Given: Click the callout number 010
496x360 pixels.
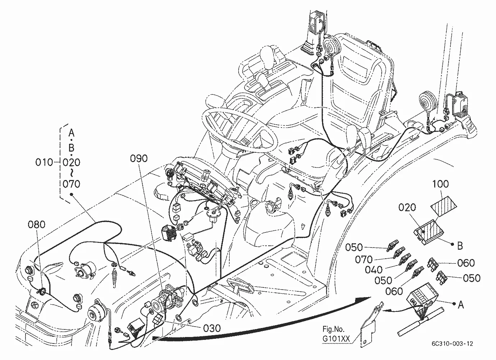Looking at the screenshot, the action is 44,162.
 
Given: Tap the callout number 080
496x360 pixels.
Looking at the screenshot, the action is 37,225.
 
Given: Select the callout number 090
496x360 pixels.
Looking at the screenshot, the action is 139,158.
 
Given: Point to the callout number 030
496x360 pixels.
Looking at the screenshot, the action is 212,328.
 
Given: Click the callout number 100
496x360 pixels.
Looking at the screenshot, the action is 441,184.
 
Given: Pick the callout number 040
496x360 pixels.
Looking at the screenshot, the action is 374,270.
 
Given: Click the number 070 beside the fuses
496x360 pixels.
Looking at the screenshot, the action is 364,259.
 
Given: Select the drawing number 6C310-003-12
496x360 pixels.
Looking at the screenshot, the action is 452,343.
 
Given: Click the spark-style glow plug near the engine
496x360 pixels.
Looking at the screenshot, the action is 115,277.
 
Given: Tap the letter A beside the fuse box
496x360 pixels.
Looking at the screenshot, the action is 460,305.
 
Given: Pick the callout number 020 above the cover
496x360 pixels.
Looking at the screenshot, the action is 407,207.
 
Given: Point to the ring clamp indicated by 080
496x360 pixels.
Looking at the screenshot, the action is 42,292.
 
